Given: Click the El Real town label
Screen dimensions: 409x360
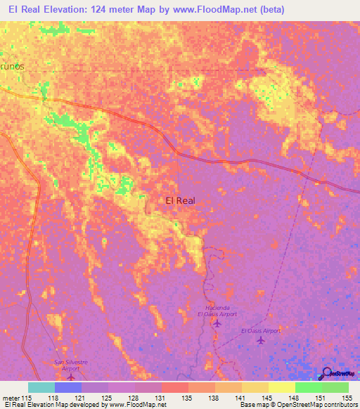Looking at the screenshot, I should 180,200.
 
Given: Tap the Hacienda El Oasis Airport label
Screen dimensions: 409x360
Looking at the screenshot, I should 216,311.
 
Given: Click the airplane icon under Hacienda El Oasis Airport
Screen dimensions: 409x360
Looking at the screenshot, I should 216,324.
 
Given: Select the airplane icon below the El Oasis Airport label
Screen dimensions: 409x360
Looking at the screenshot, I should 261,341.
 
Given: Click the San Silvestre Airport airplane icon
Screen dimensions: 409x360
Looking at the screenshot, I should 70,377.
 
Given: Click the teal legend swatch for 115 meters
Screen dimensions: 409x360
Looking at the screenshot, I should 41,387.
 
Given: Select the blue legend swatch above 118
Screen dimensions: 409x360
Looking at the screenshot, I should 68,387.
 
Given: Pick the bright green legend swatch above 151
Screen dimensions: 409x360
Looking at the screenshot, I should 308,387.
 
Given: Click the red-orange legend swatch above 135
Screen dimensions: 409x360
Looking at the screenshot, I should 174,387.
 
